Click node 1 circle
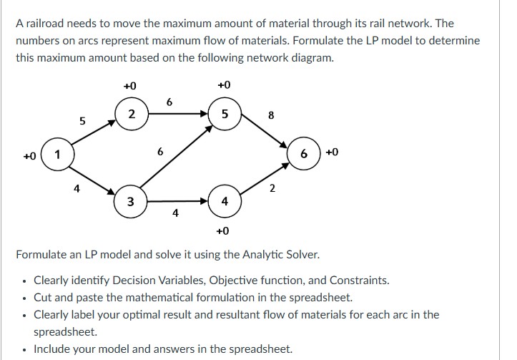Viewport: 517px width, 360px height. (57, 155)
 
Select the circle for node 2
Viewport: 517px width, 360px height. (131, 115)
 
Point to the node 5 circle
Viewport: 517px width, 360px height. (225, 115)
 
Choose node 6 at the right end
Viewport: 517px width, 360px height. (305, 155)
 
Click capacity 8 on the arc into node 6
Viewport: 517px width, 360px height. (270, 115)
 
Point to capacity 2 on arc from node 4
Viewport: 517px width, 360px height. (271, 188)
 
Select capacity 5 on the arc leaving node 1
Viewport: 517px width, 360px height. (82, 121)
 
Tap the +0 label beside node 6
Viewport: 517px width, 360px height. (333, 152)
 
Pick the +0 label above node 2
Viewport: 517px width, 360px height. (129, 86)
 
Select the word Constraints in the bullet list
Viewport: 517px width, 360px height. (358, 280)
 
